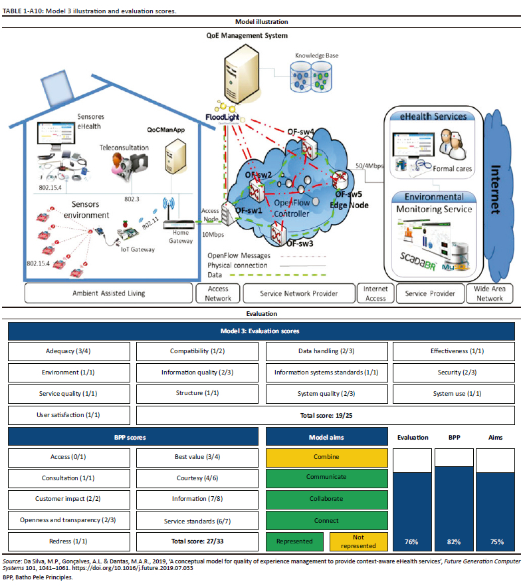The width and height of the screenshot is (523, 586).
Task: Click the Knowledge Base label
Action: coord(318,56)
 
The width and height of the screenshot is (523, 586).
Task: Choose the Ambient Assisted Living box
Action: coord(108,293)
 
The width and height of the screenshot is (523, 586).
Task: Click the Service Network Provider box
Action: coord(299,293)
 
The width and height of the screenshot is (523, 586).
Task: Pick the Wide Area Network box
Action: coord(490,293)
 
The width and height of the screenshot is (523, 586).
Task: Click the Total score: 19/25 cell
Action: coord(326,415)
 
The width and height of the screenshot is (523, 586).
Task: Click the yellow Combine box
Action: coord(326,457)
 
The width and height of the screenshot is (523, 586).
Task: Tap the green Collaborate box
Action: coord(326,499)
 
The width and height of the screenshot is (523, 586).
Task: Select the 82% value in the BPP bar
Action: coord(454,541)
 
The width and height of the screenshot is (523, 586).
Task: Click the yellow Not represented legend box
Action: coord(358,541)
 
